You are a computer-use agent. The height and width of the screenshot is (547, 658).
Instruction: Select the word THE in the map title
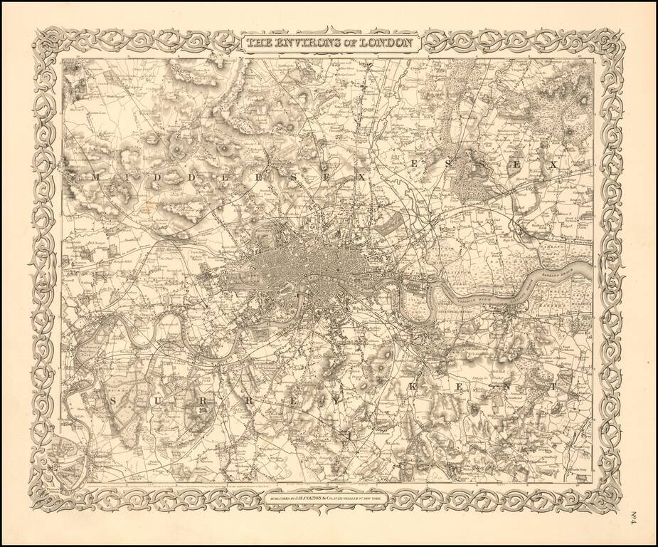point(259,43)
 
